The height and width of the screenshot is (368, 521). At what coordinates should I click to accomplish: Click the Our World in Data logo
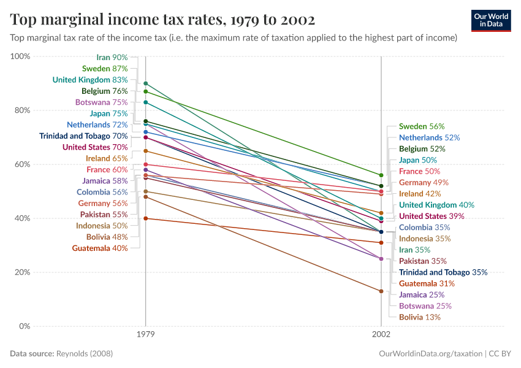490,20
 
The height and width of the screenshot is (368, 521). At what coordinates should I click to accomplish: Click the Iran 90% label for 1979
112,57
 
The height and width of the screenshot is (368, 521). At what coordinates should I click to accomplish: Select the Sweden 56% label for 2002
422,126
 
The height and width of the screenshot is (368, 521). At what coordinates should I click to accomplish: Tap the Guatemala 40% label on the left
99,248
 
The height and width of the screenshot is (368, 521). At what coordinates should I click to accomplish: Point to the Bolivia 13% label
419,317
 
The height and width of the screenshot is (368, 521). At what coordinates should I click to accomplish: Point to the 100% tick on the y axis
20,56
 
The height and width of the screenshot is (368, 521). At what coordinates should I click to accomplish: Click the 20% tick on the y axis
21,272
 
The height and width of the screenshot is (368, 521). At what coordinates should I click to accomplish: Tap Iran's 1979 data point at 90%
145,83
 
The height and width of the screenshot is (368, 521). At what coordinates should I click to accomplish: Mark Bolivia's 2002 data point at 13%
381,291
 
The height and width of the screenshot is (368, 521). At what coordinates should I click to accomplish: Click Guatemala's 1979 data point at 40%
145,218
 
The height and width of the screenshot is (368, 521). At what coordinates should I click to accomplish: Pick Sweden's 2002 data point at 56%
381,175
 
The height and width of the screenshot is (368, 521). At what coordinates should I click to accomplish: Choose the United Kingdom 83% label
90,80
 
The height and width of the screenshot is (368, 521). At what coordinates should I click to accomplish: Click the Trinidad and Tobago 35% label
443,272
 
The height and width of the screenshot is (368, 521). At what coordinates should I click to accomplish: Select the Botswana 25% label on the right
425,306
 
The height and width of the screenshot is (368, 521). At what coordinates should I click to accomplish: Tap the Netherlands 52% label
429,138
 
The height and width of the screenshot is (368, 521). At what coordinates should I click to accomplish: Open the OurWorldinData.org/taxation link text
431,354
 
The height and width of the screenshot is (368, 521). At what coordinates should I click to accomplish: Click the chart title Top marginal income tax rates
162,20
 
